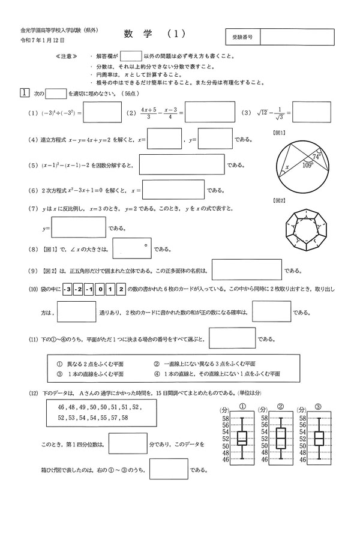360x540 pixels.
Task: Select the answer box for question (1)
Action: tap(101, 112)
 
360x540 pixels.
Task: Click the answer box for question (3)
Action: tap(311, 112)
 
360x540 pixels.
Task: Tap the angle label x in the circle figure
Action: tap(287, 167)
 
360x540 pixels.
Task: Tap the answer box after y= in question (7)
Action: tap(79, 228)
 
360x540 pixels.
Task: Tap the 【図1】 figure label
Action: tap(278, 133)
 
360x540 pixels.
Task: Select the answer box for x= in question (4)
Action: tap(164, 139)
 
